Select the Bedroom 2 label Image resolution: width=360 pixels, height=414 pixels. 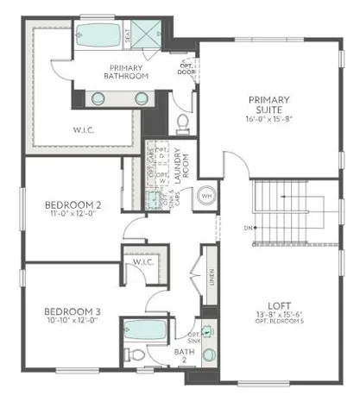pyautogui.click(x=73, y=204)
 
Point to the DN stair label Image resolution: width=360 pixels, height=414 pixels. pyautogui.click(x=247, y=228)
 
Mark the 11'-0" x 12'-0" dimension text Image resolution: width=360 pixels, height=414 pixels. pyautogui.click(x=73, y=216)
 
